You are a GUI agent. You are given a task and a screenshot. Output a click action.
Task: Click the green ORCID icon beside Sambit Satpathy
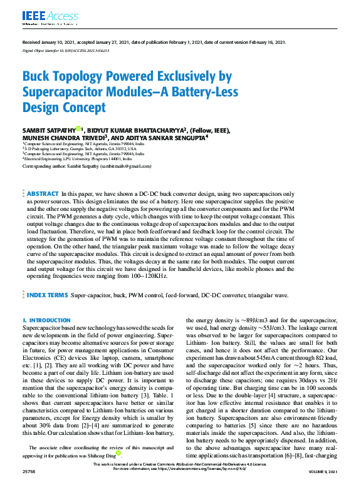[x=78, y=128]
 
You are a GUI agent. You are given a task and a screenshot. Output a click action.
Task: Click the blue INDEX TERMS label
[x=46, y=293]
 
